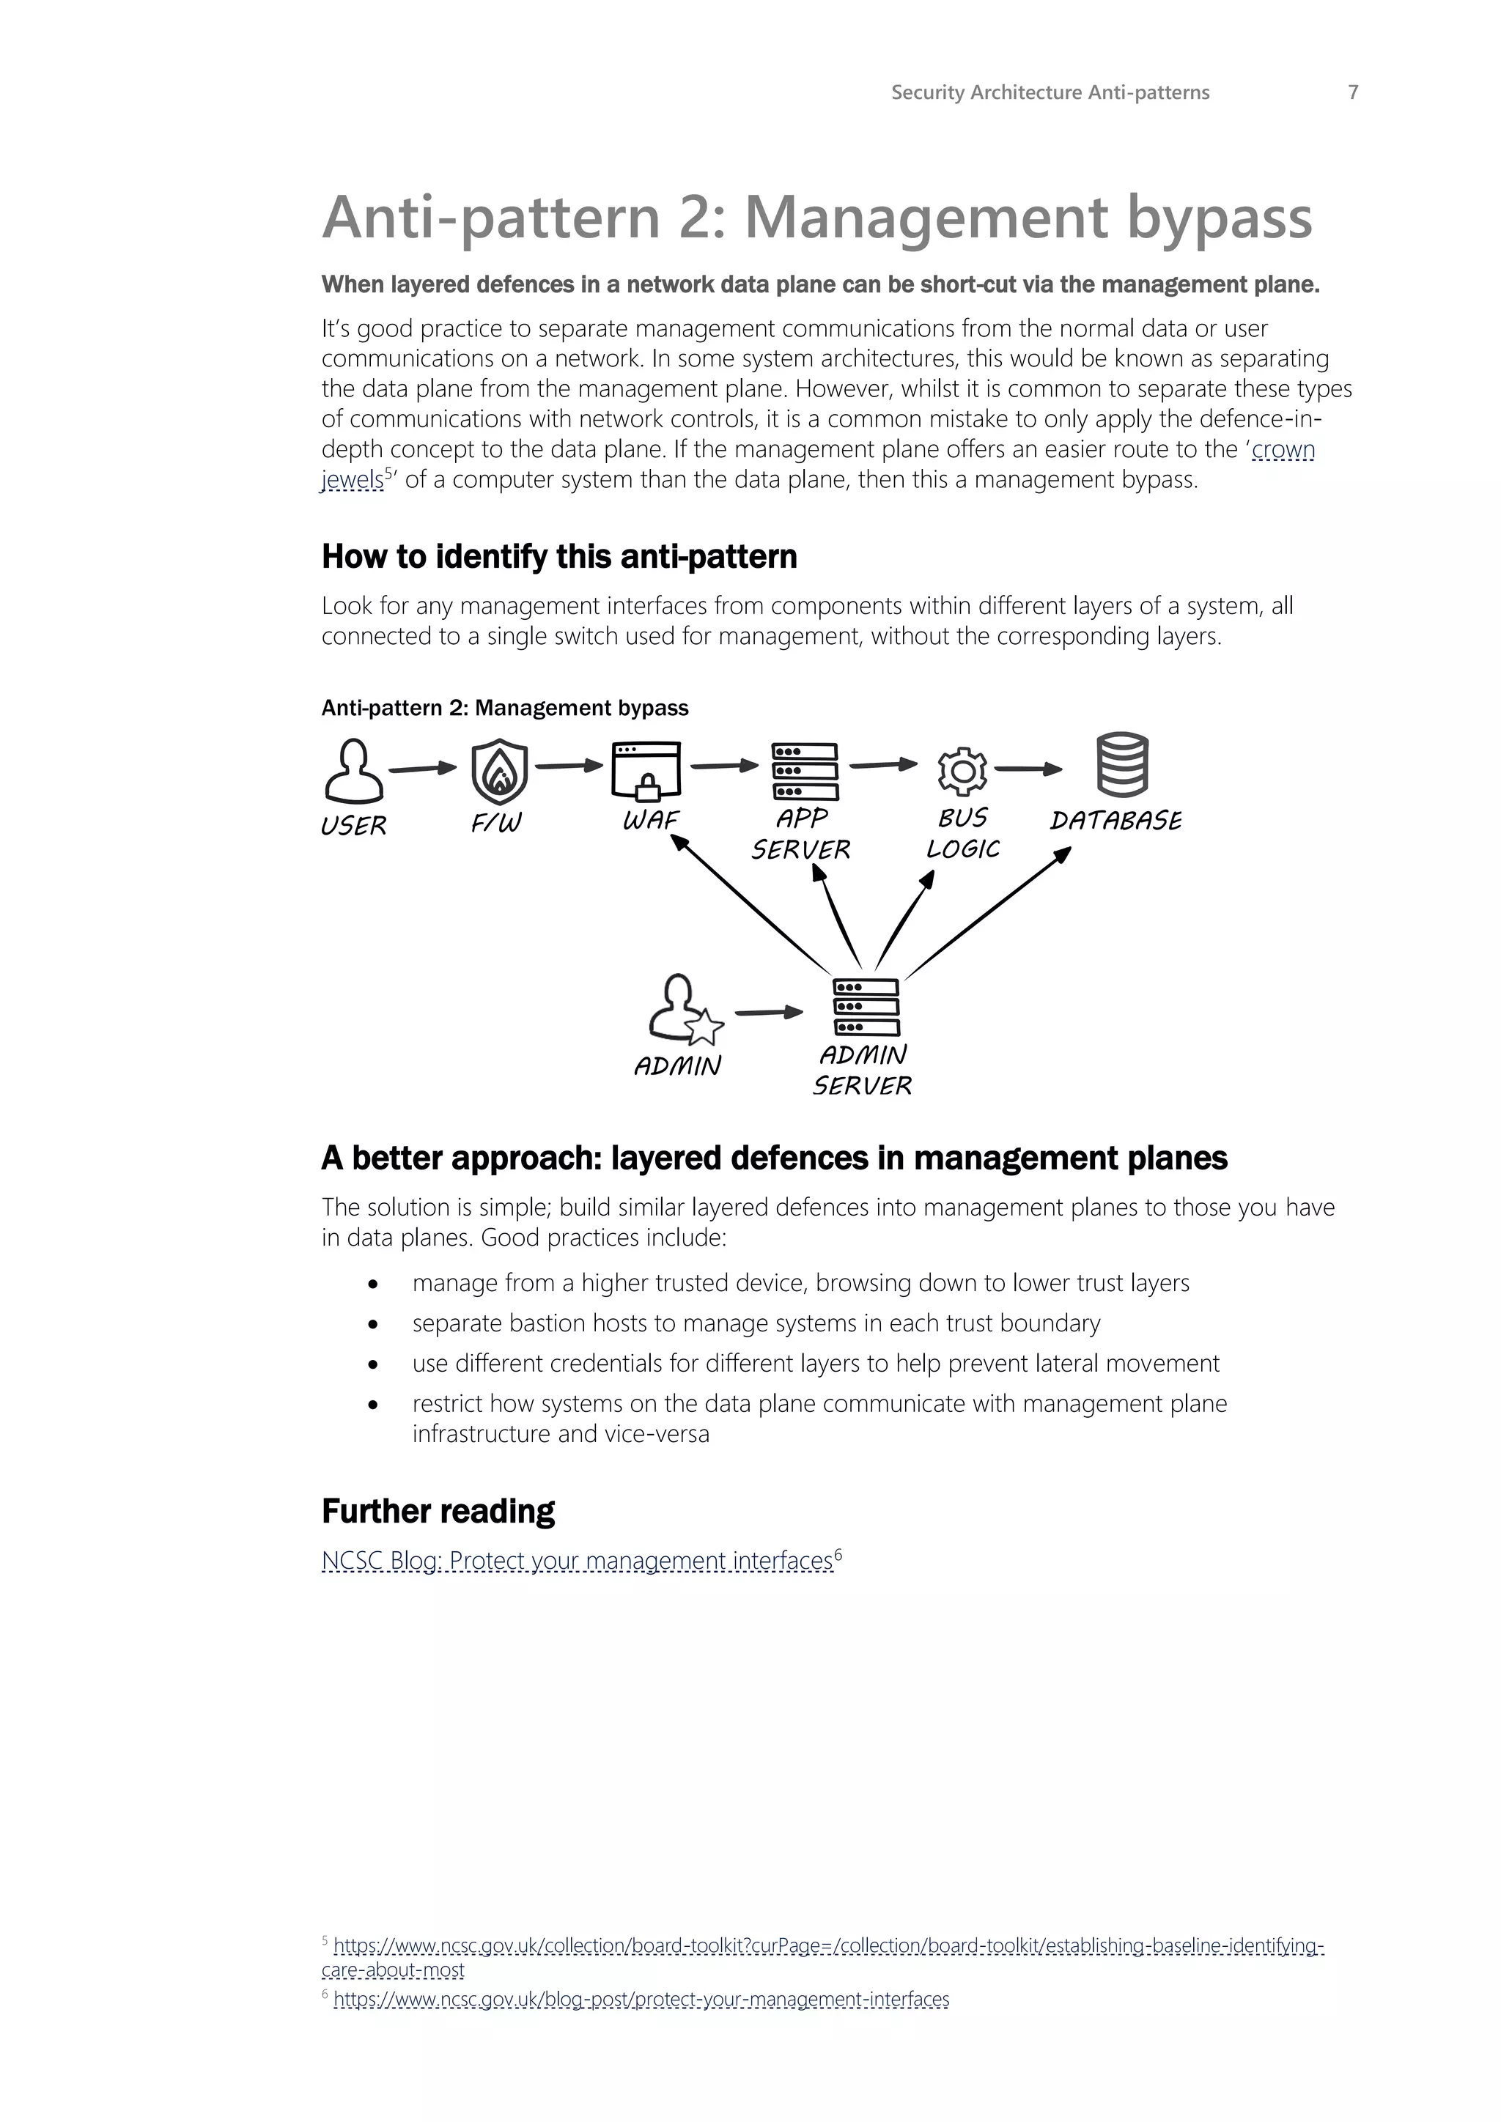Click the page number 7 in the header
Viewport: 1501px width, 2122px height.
coord(1352,92)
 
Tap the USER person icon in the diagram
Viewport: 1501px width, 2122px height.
coord(353,771)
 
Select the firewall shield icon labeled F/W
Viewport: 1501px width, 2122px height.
coord(499,771)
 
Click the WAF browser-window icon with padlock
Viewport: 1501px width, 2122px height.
coord(646,771)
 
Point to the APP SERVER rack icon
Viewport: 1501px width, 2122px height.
coord(805,771)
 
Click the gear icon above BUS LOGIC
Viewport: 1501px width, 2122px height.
coord(962,771)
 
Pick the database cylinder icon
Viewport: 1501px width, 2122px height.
coord(1122,765)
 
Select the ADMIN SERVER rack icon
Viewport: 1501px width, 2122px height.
coord(866,1008)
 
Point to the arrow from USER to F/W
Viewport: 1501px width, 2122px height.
coord(422,769)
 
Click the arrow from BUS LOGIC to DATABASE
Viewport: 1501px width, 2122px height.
coord(1028,769)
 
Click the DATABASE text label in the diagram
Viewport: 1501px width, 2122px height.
coord(1115,821)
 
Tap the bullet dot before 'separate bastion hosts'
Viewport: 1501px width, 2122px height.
coord(372,1324)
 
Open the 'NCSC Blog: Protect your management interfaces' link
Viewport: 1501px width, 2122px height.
coord(577,1561)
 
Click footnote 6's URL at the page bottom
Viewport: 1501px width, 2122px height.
coord(641,1999)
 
